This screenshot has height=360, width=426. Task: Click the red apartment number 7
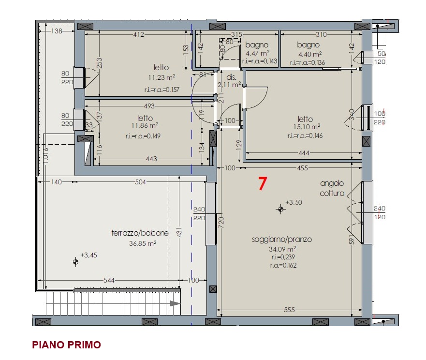263,183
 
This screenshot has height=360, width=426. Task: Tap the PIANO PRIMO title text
67,345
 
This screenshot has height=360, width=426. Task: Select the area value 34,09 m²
282,249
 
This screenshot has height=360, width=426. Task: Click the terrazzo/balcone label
140,233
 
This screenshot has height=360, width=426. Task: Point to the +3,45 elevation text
89,255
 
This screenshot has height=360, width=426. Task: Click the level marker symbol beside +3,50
280,209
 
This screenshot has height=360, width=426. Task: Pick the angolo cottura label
332,188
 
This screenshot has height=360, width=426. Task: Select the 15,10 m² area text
307,127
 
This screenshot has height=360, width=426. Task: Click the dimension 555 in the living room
289,310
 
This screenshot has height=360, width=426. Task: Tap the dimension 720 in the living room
221,222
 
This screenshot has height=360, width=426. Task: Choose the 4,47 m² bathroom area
258,53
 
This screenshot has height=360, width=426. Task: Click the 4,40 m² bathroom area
310,54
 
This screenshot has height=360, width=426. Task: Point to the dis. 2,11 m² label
230,81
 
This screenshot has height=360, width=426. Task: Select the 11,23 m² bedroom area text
162,77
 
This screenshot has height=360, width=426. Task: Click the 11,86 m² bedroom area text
145,125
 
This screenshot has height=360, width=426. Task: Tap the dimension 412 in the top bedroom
139,34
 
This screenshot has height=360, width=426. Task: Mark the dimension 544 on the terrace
109,280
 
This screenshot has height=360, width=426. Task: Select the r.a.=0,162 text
283,265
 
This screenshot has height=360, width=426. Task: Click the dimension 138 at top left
57,31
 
